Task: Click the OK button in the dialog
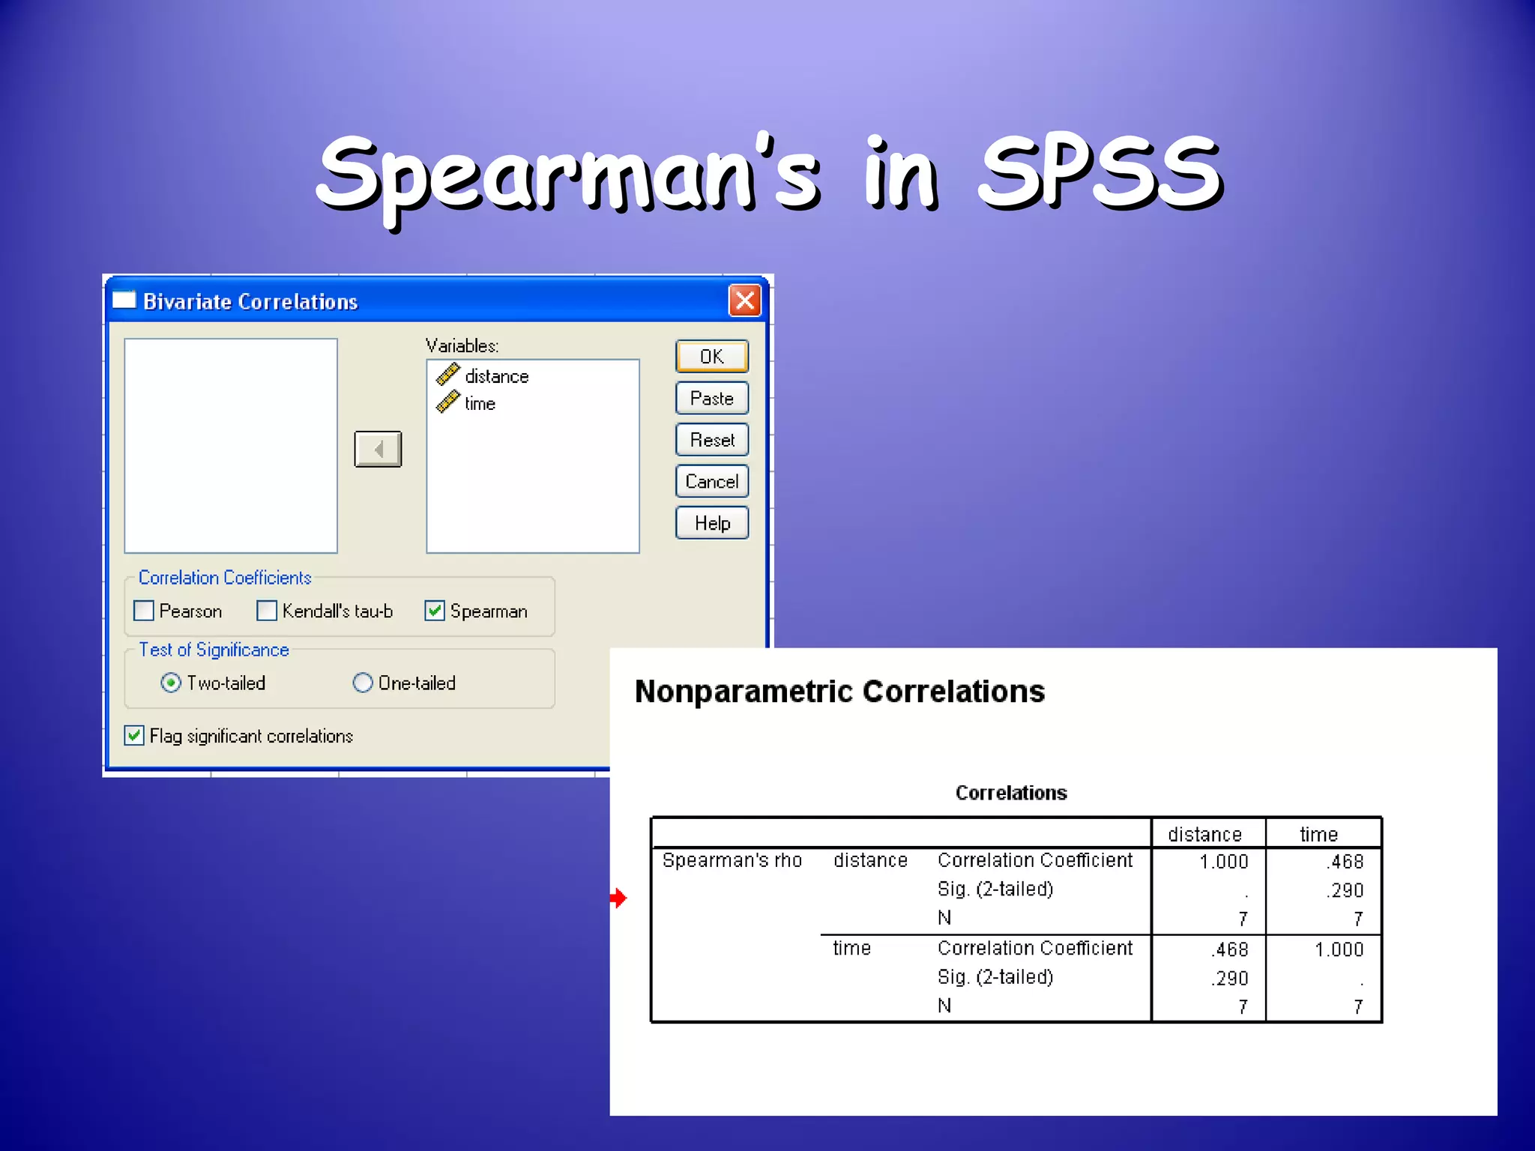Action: click(711, 357)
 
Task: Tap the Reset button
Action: click(711, 440)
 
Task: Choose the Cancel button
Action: click(711, 481)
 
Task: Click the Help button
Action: click(711, 523)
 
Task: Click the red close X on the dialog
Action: click(744, 301)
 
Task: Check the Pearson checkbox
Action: click(144, 611)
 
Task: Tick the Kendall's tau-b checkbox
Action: click(267, 611)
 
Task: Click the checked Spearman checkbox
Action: click(435, 611)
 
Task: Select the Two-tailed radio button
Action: click(171, 683)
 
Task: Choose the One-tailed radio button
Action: click(363, 683)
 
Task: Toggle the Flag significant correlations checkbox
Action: click(134, 735)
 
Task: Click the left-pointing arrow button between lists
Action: click(378, 449)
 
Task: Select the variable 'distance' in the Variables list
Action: click(496, 376)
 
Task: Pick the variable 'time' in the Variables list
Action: click(480, 404)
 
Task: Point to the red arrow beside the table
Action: click(618, 897)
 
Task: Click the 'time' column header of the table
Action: click(1318, 834)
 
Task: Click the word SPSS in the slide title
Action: click(1100, 174)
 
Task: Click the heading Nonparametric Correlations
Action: click(839, 691)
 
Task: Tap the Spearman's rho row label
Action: click(732, 860)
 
